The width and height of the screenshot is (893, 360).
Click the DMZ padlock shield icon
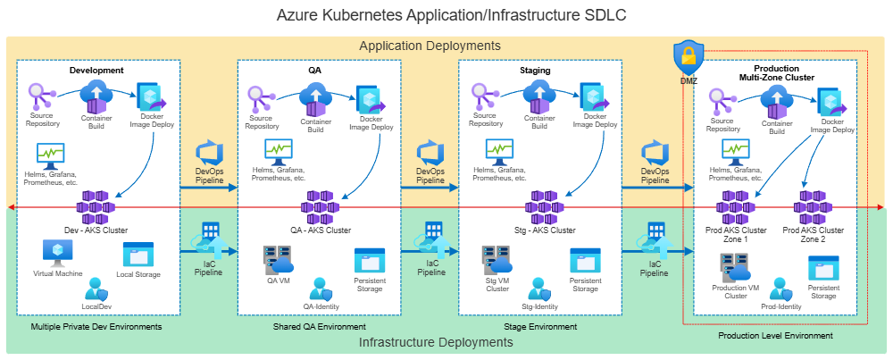point(689,57)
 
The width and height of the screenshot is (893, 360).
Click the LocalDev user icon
point(95,289)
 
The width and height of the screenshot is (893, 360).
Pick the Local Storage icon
point(138,255)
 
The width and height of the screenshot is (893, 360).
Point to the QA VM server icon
point(278,260)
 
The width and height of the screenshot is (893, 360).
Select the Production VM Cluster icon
point(735,269)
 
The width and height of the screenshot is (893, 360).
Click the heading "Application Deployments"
point(430,46)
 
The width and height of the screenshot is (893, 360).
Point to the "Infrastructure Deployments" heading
point(430,342)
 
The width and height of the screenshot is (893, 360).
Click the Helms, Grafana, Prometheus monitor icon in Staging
point(499,150)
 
